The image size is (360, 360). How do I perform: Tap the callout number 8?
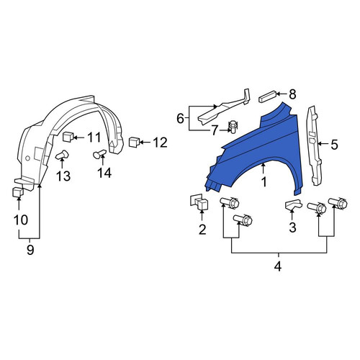point(292,94)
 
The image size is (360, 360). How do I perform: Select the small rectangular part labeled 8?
point(268,96)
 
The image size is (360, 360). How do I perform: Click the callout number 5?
point(334,145)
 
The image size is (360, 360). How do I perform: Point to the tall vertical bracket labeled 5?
point(314,146)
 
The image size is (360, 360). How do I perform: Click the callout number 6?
point(180,118)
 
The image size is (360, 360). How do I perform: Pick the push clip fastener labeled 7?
point(233,127)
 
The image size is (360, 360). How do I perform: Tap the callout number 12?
point(160,143)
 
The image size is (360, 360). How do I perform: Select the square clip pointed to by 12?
point(133,142)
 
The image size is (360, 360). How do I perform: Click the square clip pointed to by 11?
point(67,137)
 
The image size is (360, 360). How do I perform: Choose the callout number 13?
point(63,176)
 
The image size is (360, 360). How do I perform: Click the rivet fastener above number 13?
point(62,155)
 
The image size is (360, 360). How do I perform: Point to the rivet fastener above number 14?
point(99,154)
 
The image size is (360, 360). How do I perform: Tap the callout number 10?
point(21,220)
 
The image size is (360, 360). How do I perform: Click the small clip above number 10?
point(18,192)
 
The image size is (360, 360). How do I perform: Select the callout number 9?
point(30,250)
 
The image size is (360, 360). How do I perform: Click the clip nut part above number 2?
point(199,202)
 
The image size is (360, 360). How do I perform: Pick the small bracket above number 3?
point(293,204)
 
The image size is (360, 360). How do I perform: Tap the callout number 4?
point(278,266)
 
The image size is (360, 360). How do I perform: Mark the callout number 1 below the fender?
point(264,182)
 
